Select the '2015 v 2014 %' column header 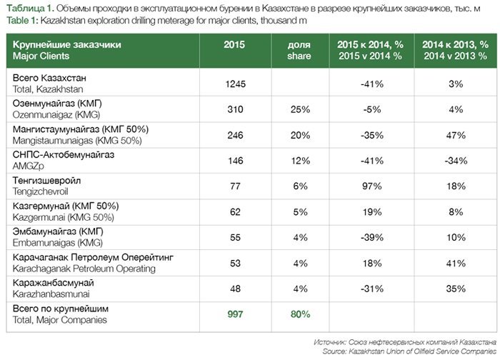pyautogui.click(x=372, y=55)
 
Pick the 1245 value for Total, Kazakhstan pyautogui.click(x=235, y=84)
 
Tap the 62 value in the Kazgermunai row pyautogui.click(x=235, y=212)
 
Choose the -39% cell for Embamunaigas pyautogui.click(x=372, y=238)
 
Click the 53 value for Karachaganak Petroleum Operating pyautogui.click(x=235, y=264)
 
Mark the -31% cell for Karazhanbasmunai pyautogui.click(x=372, y=289)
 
